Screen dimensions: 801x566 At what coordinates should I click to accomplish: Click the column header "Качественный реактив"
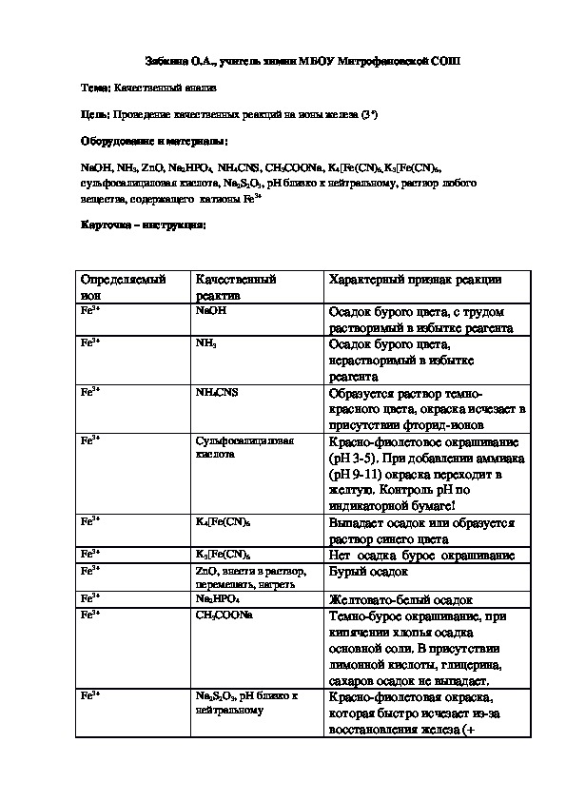(236, 287)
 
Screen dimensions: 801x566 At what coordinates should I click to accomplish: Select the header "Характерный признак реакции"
(415, 281)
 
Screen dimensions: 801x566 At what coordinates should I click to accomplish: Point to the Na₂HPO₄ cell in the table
(216, 599)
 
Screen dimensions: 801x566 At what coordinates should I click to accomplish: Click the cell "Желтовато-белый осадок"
(400, 600)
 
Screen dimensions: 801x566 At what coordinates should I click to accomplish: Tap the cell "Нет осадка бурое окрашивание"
(420, 555)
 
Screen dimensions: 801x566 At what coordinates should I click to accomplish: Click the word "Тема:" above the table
(96, 87)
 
